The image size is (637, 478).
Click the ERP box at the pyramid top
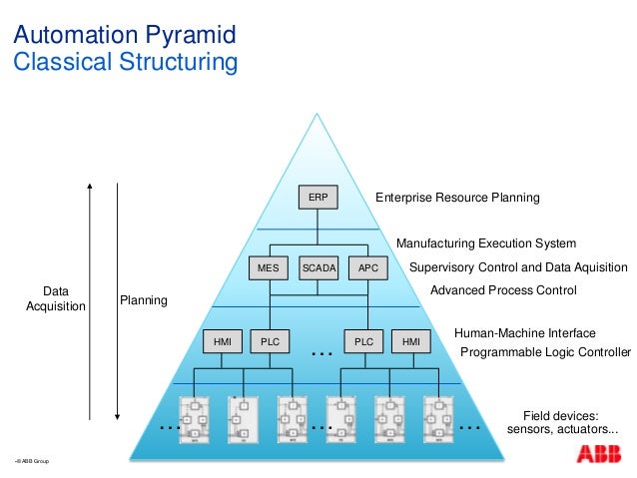coord(318,198)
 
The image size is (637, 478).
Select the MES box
coord(269,267)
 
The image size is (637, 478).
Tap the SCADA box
coord(318,267)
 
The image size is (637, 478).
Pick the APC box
coord(368,267)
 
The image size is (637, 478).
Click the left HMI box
coord(222,341)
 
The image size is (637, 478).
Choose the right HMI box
coord(411,341)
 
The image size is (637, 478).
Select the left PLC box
coord(270,341)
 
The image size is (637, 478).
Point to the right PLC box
coord(363,341)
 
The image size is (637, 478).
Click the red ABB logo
coord(597,454)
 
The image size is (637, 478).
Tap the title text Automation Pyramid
coord(124,38)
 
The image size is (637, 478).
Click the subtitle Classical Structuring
coord(124,64)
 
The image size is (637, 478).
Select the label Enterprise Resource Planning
coord(457,198)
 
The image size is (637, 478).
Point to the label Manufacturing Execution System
coord(486,242)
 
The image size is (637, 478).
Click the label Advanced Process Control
coord(503,290)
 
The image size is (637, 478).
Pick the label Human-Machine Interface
coord(524,333)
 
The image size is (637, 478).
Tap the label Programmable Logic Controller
coord(545,352)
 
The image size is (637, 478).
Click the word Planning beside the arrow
coord(144,299)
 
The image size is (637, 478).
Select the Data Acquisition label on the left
coord(56,298)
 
